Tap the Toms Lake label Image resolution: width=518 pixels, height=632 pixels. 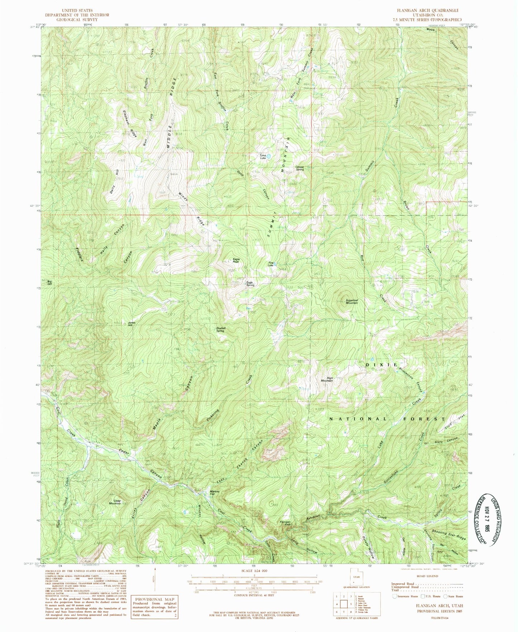[263, 156]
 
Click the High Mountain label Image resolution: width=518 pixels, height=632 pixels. [327, 379]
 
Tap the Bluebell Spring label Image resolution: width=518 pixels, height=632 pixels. [220, 330]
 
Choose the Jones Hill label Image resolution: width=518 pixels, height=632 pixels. [132, 323]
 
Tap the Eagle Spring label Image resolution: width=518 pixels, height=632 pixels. [250, 284]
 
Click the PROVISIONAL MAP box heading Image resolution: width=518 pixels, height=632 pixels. [154, 599]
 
